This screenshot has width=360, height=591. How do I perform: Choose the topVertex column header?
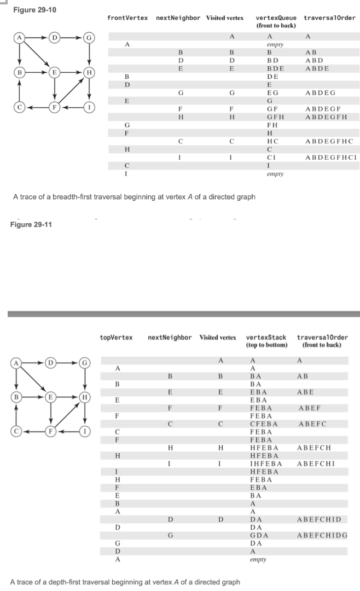tap(116, 337)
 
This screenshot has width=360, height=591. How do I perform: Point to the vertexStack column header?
tap(266, 337)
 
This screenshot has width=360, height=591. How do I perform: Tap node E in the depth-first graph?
tap(50, 395)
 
